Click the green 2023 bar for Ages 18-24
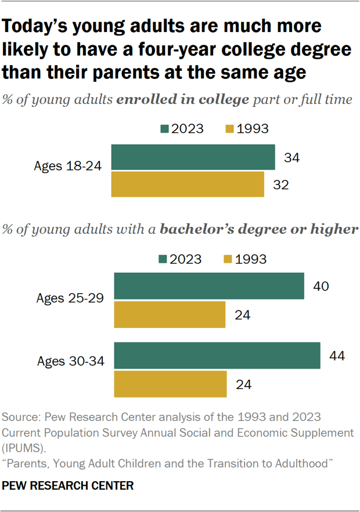(x=192, y=157)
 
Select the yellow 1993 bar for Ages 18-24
(x=187, y=184)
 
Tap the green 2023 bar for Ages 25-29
(x=209, y=286)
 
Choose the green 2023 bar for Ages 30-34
(x=217, y=355)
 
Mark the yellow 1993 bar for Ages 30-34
(x=170, y=384)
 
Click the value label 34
(x=291, y=157)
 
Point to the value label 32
(x=281, y=185)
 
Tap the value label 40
(x=321, y=286)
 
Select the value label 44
(x=336, y=355)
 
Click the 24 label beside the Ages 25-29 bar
(x=243, y=315)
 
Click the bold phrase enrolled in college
(x=183, y=99)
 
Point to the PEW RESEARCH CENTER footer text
(x=68, y=484)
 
